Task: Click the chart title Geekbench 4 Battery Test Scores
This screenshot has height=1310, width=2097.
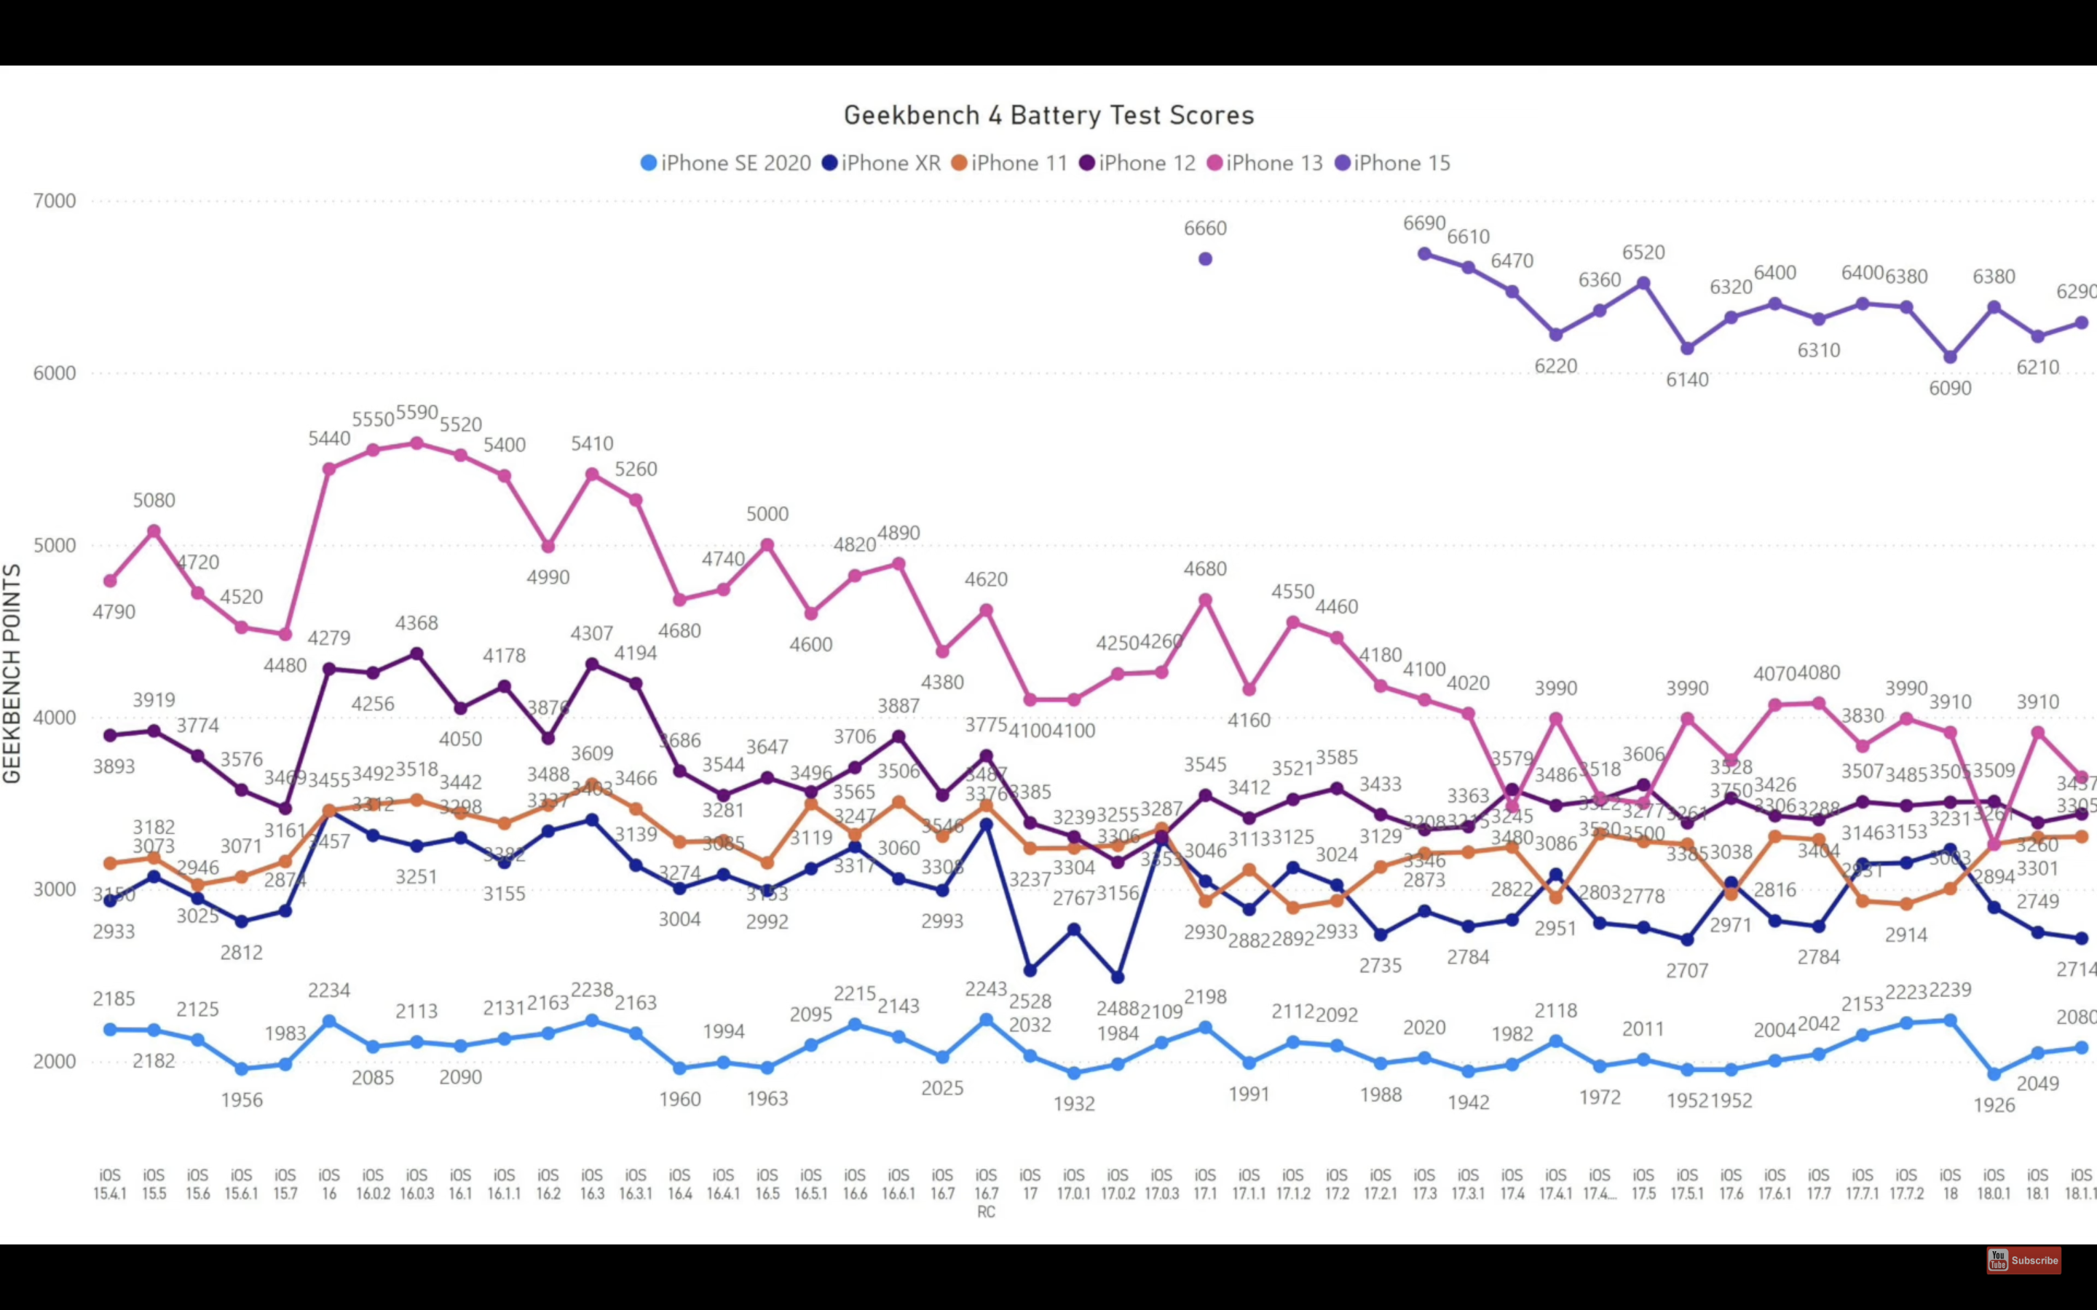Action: (x=1048, y=115)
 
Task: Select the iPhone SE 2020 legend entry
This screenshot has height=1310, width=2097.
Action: (x=726, y=163)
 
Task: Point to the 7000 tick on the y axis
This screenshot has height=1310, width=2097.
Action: (x=55, y=201)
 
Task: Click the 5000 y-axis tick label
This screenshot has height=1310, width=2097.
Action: (x=55, y=546)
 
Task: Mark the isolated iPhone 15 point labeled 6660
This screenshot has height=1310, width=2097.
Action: (x=1204, y=259)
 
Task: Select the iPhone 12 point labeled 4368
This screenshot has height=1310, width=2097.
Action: (x=416, y=654)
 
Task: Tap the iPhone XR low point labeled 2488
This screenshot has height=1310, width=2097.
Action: (x=1118, y=977)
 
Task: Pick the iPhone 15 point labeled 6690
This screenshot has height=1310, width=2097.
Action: (x=1424, y=254)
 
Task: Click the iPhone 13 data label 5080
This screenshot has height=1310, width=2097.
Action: (x=154, y=500)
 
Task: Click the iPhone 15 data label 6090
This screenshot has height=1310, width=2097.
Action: (x=1950, y=388)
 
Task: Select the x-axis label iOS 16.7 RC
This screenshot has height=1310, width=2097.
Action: (x=986, y=1193)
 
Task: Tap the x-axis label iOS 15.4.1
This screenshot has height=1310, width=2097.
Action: (x=110, y=1183)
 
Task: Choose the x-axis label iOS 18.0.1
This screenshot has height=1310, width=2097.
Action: (x=1994, y=1183)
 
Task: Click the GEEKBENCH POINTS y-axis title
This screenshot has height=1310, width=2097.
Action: (x=12, y=674)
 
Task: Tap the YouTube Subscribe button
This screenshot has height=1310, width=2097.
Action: (x=2023, y=1260)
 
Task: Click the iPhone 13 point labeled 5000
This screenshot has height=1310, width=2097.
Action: (x=767, y=545)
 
